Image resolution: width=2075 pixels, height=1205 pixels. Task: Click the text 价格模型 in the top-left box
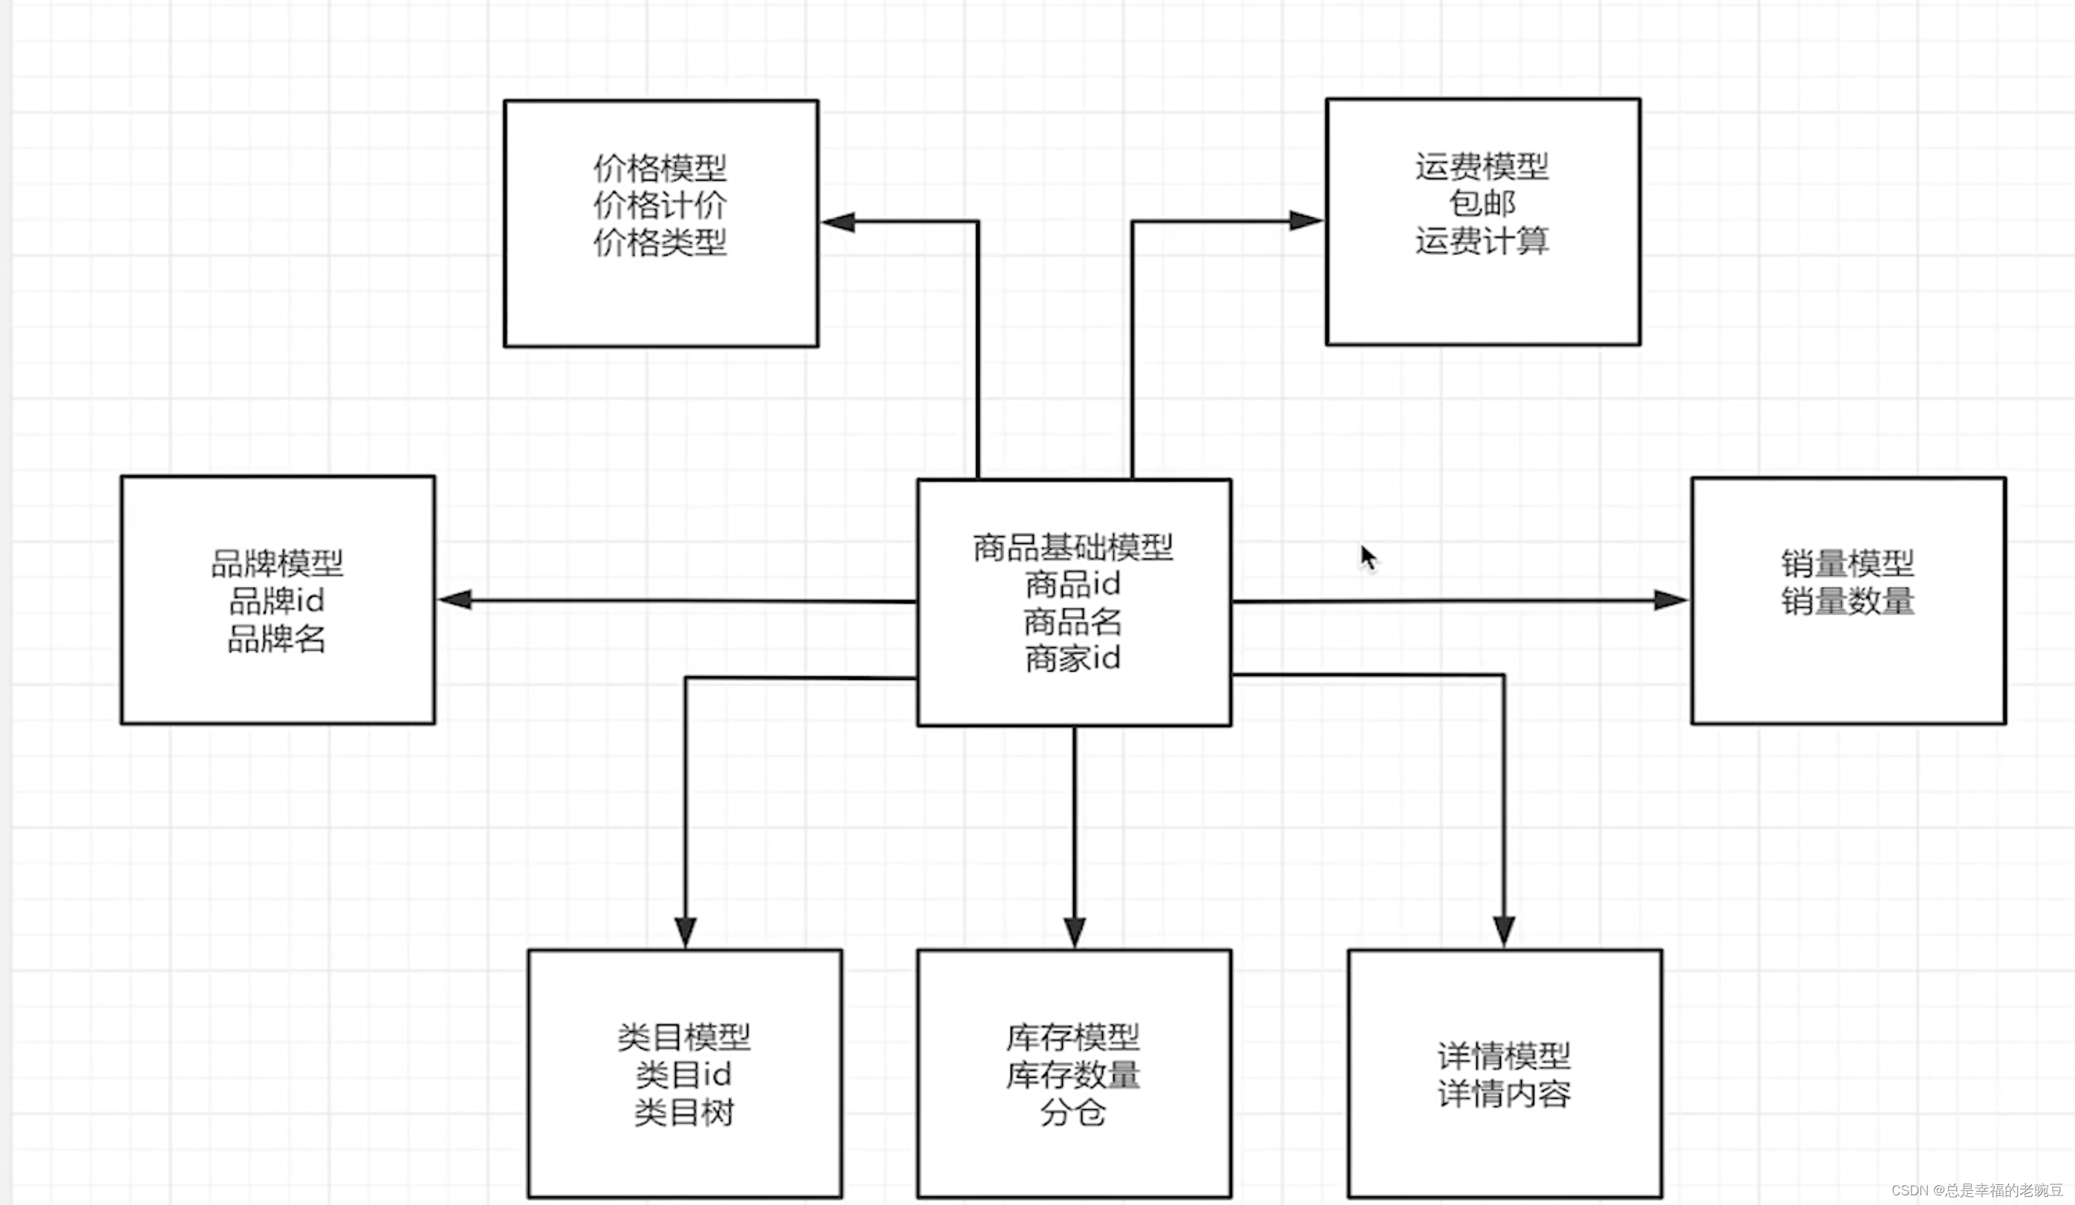(659, 169)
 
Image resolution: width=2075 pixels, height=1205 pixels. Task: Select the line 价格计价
(659, 206)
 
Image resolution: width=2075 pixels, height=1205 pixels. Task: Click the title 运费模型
(1482, 167)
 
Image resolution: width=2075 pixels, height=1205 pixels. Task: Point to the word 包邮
(1482, 204)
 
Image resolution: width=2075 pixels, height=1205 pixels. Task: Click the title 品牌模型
(278, 564)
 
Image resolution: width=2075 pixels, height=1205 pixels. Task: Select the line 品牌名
(278, 639)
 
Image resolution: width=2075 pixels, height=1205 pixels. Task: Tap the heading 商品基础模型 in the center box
(1073, 548)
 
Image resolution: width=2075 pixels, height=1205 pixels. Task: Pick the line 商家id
(1073, 659)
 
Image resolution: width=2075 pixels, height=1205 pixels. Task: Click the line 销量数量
(1848, 601)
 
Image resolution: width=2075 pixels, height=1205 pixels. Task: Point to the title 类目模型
(683, 1037)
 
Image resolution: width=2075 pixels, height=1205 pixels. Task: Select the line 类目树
(683, 1113)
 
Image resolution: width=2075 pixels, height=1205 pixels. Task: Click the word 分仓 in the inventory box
(1073, 1113)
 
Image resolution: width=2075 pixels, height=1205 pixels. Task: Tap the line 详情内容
(1504, 1094)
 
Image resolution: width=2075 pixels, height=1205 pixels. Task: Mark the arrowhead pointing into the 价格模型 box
(838, 222)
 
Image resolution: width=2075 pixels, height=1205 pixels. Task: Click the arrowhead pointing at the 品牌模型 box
(455, 600)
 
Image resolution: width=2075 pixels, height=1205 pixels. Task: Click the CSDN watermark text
(1976, 1190)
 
